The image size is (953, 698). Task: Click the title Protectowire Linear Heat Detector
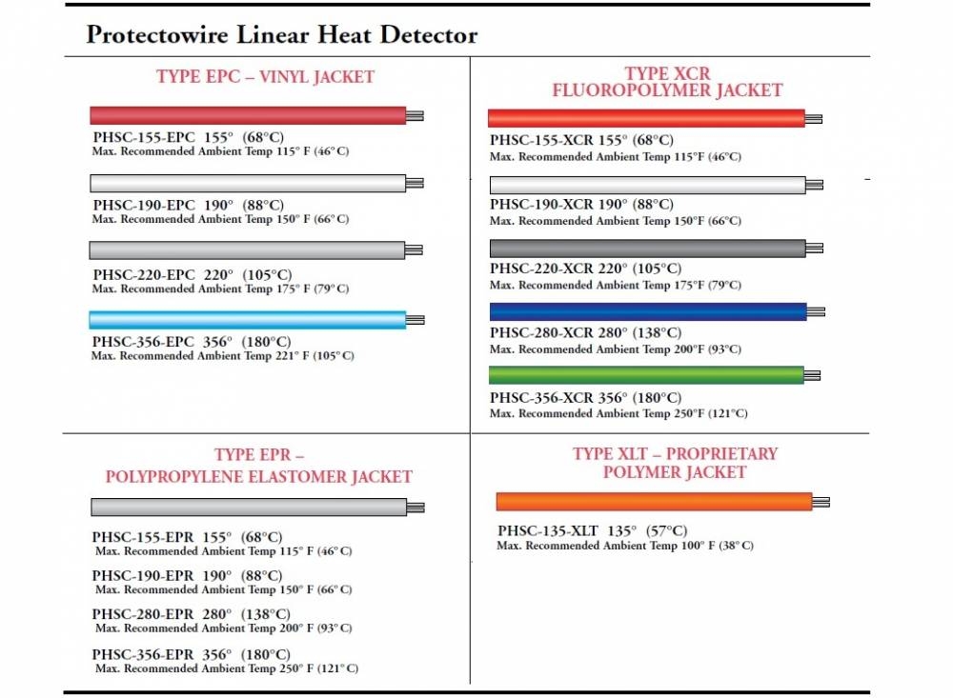pos(281,36)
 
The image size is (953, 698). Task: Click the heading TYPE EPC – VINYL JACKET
pos(266,77)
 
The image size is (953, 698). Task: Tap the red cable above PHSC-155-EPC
pos(248,115)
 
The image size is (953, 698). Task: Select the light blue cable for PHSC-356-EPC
pos(248,320)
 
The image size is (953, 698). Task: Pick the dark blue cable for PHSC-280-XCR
pos(647,311)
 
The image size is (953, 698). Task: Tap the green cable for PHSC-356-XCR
pos(646,375)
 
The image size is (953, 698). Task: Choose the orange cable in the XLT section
pos(654,502)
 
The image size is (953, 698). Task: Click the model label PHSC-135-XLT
pos(545,530)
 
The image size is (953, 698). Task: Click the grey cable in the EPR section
pos(249,507)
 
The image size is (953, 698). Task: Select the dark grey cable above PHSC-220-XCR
pos(647,249)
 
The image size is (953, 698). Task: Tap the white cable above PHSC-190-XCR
pos(647,185)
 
